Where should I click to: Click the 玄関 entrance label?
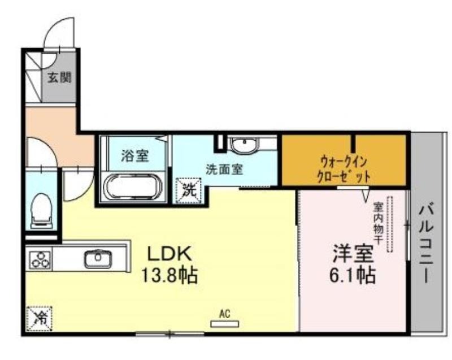click(59, 77)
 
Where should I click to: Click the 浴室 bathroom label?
click(135, 156)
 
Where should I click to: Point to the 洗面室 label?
click(224, 169)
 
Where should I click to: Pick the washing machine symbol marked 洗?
click(189, 190)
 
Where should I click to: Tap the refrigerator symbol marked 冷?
click(39, 319)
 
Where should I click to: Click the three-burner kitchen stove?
click(40, 259)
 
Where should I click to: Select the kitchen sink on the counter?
click(98, 258)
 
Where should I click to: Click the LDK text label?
click(169, 254)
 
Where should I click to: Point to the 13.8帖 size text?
click(169, 276)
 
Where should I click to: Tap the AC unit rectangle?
click(225, 324)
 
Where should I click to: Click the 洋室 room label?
click(354, 254)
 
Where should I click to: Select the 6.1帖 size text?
click(353, 276)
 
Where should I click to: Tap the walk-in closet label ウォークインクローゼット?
click(344, 169)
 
